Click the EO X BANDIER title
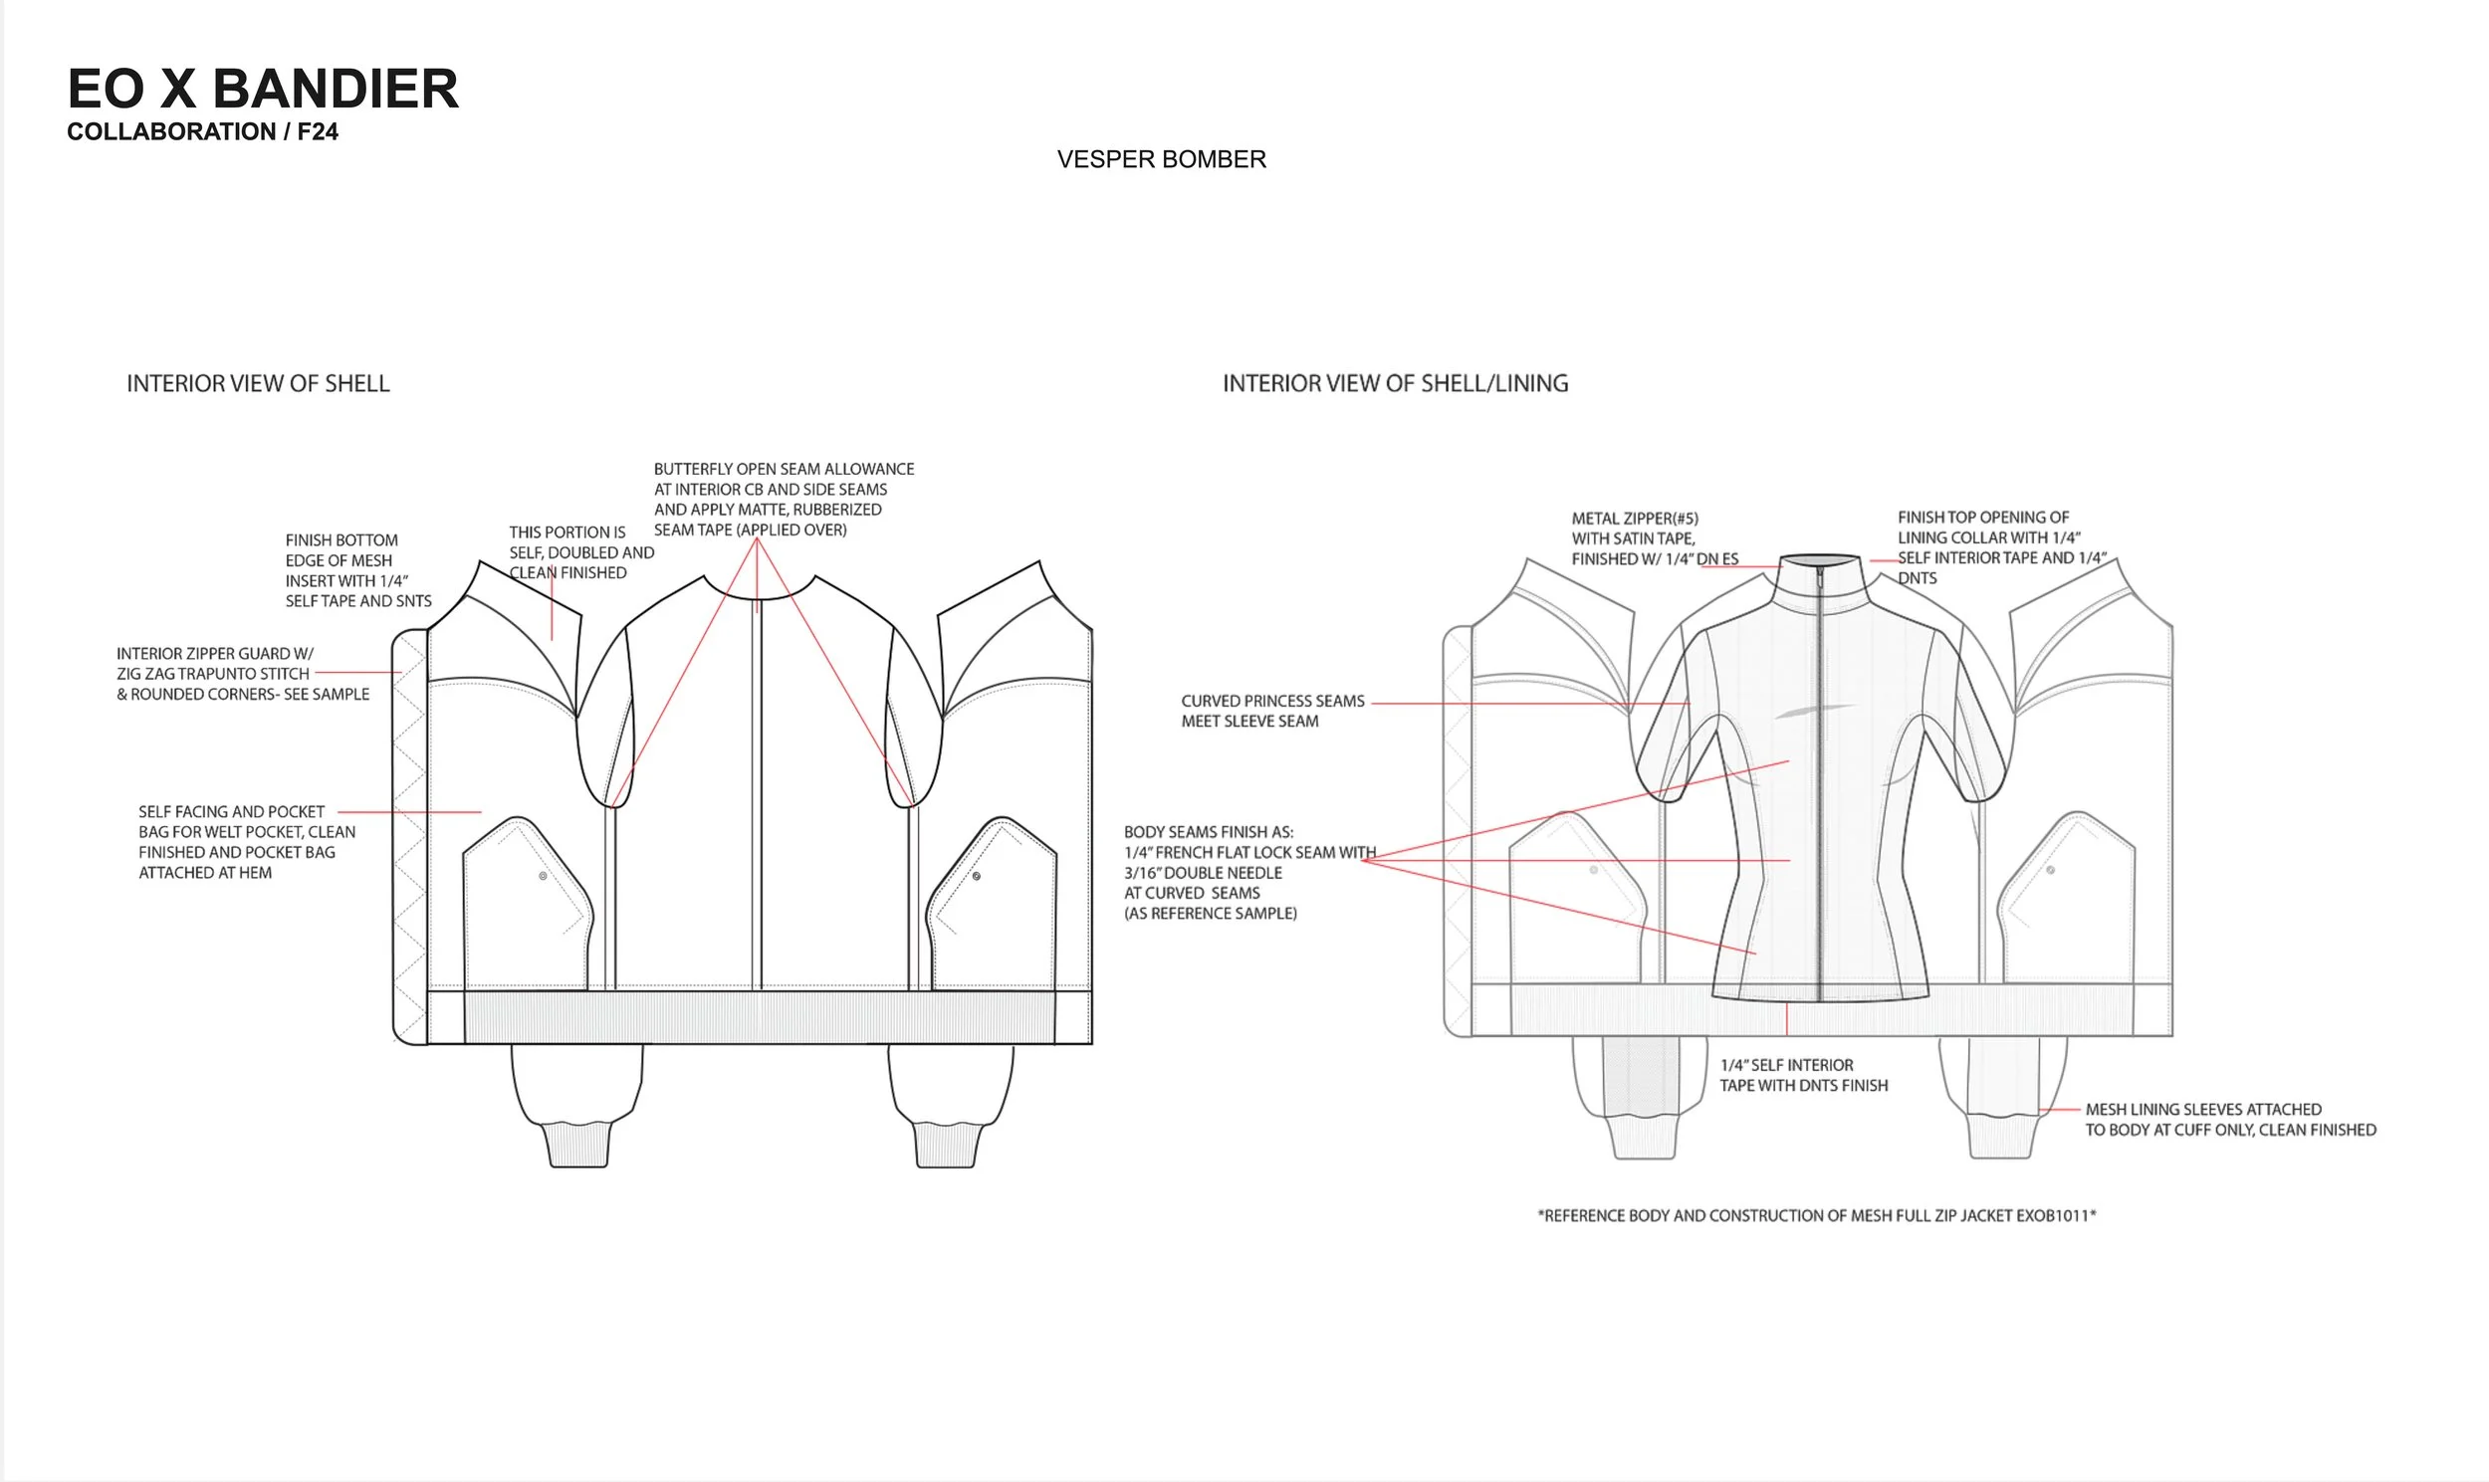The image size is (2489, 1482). point(263,89)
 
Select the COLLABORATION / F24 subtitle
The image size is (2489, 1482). point(203,131)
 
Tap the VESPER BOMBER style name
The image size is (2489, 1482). point(1161,160)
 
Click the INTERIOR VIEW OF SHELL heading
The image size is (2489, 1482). point(258,383)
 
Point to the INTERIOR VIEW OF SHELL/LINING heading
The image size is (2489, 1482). point(1394,383)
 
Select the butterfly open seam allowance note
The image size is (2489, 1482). point(784,500)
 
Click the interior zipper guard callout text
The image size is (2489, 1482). point(243,674)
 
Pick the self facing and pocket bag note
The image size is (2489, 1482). point(246,842)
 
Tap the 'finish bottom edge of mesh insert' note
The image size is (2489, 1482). point(357,570)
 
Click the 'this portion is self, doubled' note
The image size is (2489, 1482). point(580,552)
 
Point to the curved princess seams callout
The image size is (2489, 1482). point(1271,711)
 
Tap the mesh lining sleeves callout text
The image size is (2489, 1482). point(2229,1120)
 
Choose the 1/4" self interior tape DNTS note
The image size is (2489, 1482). point(1803,1076)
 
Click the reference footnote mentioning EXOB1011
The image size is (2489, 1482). point(1816,1215)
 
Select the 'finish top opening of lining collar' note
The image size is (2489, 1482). point(2000,547)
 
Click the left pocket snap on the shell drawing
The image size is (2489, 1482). point(544,876)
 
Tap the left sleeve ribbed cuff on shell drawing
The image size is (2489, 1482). point(577,1145)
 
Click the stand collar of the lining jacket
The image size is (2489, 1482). point(1820,579)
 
